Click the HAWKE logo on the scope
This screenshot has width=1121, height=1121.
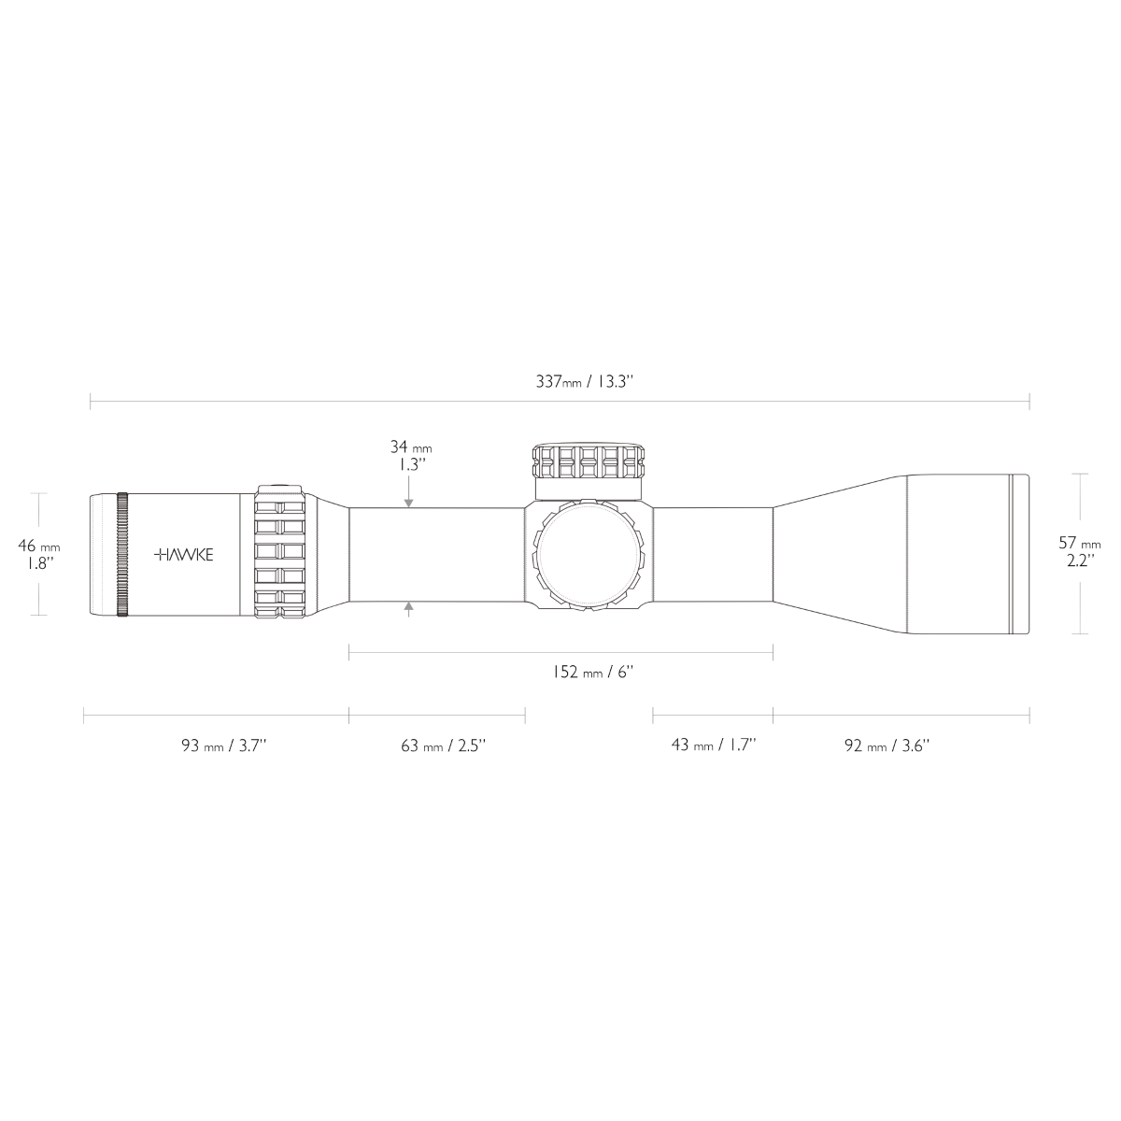pos(184,554)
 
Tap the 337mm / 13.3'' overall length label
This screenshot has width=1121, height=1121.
pos(584,382)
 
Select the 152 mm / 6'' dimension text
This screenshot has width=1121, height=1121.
pos(592,673)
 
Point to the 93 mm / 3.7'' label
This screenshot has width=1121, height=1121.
pos(224,745)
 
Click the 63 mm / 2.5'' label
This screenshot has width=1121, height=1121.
pos(444,745)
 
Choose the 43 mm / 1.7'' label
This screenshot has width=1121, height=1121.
pos(713,745)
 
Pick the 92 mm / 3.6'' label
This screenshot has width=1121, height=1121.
pos(887,745)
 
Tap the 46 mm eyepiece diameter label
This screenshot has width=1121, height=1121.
pos(39,546)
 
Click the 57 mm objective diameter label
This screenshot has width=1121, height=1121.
pos(1080,544)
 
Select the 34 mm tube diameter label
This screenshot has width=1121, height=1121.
pos(411,447)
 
